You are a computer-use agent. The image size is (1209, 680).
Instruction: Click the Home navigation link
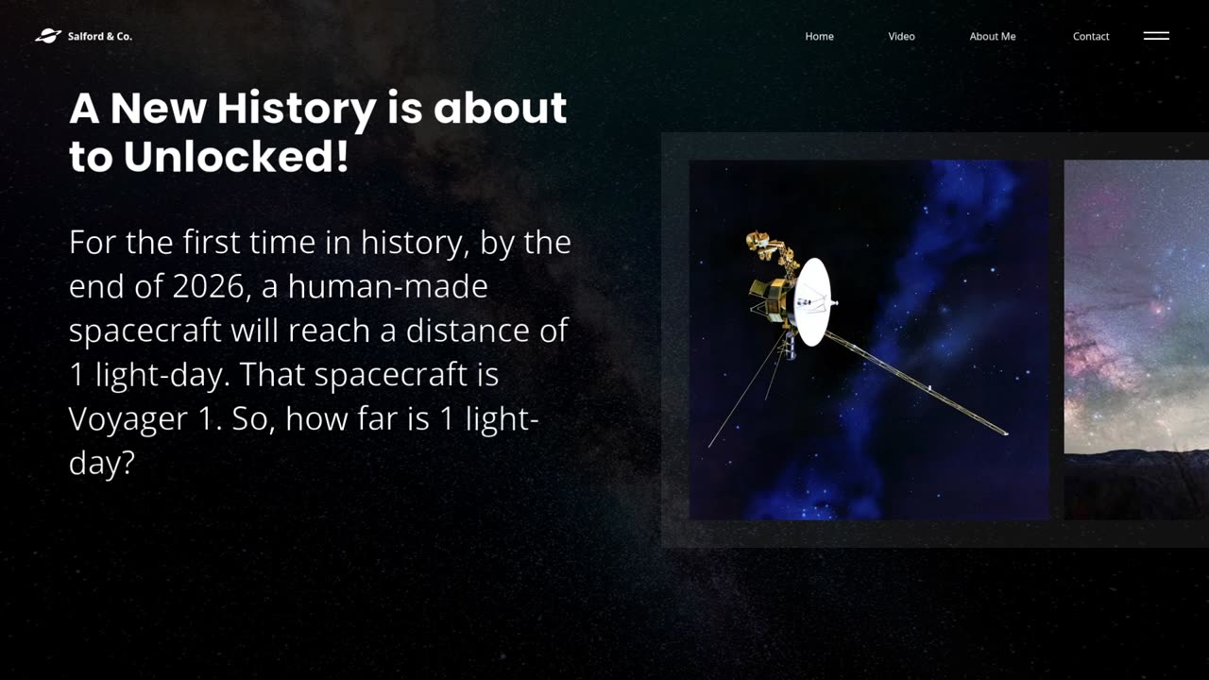point(819,36)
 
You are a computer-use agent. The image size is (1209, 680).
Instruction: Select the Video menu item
point(901,36)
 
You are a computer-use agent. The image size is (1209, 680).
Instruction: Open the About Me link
point(993,36)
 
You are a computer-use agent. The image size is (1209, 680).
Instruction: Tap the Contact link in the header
point(1091,36)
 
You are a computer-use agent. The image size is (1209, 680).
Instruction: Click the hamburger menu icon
point(1156,36)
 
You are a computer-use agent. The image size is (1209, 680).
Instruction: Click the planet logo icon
point(48,36)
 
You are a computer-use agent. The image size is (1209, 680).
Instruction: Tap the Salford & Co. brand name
point(100,36)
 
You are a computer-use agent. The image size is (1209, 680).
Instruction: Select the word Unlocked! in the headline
point(236,156)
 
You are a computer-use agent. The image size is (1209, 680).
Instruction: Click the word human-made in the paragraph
point(387,286)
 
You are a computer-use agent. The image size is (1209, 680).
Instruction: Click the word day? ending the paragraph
point(101,464)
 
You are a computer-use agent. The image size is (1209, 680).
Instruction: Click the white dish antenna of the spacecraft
point(812,301)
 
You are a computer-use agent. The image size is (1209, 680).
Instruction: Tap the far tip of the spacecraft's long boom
point(1007,433)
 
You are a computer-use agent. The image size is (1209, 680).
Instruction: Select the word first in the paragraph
point(211,242)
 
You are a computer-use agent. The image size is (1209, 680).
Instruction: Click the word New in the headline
point(158,109)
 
